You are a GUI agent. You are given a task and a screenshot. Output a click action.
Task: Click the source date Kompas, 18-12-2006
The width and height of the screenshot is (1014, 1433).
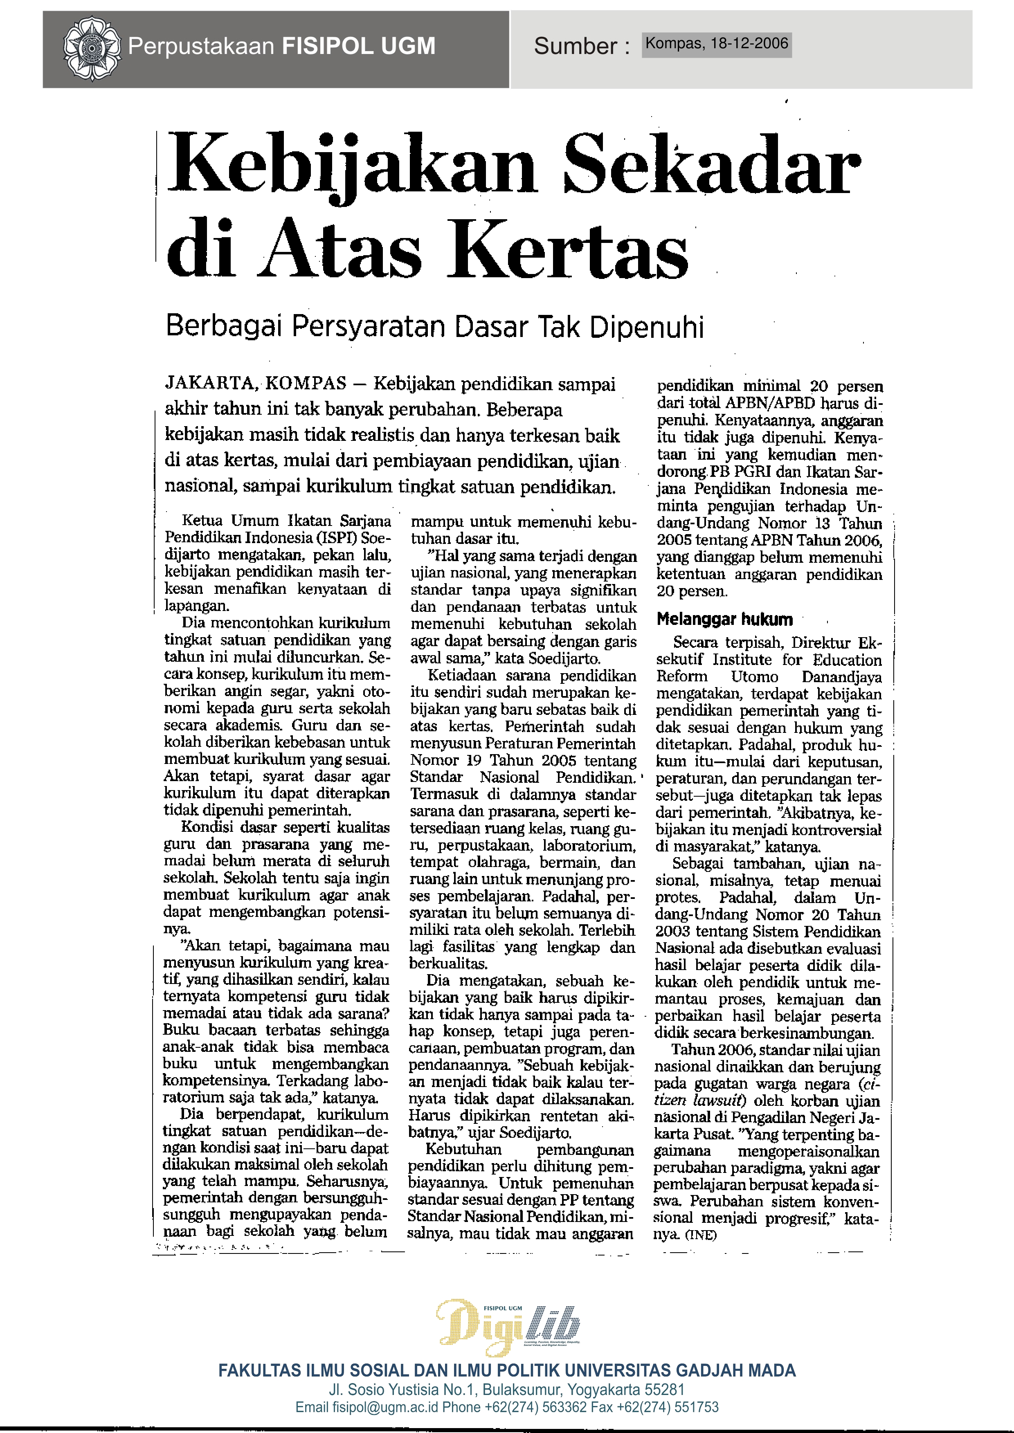pos(717,44)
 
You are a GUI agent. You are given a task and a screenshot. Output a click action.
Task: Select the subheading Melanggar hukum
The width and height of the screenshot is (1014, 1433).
pos(724,620)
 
